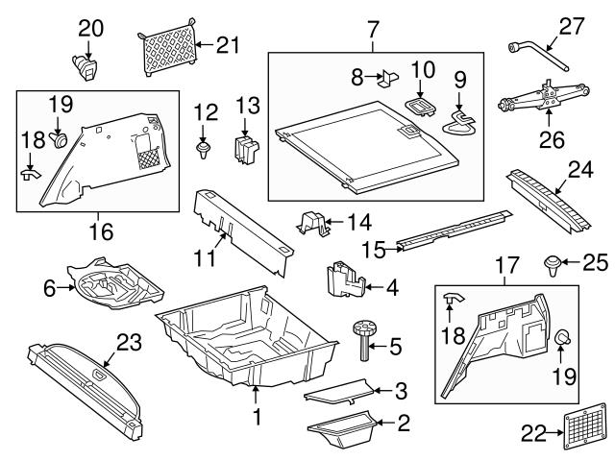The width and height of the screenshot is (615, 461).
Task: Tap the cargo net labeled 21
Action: click(x=169, y=48)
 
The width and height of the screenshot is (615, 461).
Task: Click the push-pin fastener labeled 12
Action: click(x=203, y=149)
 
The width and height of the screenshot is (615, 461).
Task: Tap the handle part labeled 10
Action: click(x=389, y=77)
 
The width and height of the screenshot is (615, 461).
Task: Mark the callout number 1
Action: click(x=256, y=418)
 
